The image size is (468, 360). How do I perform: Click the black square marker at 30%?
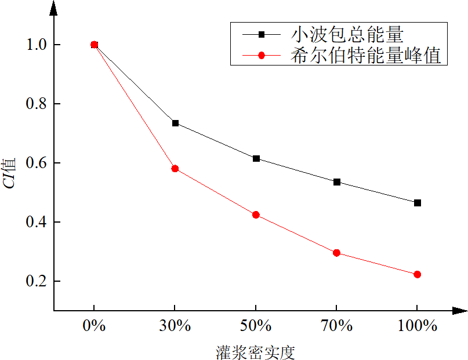coord(175,123)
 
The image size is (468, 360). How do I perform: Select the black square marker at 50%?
coord(256,158)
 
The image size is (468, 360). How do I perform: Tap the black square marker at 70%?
coord(337,182)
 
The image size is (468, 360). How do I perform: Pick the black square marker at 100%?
coord(418,203)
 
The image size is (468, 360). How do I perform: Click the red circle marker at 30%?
coord(175,169)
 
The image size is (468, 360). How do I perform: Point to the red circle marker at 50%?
coord(256,214)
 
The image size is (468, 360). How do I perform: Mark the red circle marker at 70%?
coord(337,253)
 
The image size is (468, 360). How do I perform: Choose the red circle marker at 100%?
coord(418,274)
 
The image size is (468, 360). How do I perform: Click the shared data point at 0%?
coord(95,45)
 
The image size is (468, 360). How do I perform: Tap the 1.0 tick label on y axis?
coord(35,45)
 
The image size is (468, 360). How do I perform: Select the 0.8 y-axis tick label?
coord(35,104)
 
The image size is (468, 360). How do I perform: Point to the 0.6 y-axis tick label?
coord(35,163)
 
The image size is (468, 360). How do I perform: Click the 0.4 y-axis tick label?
coord(35,223)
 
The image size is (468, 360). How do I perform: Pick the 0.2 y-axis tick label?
coord(35,282)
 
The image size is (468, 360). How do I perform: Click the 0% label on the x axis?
coord(95,326)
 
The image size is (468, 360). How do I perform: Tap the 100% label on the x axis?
coord(418,326)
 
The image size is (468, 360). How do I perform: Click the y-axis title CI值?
coord(12,173)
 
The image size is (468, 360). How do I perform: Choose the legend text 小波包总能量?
coord(347,35)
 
